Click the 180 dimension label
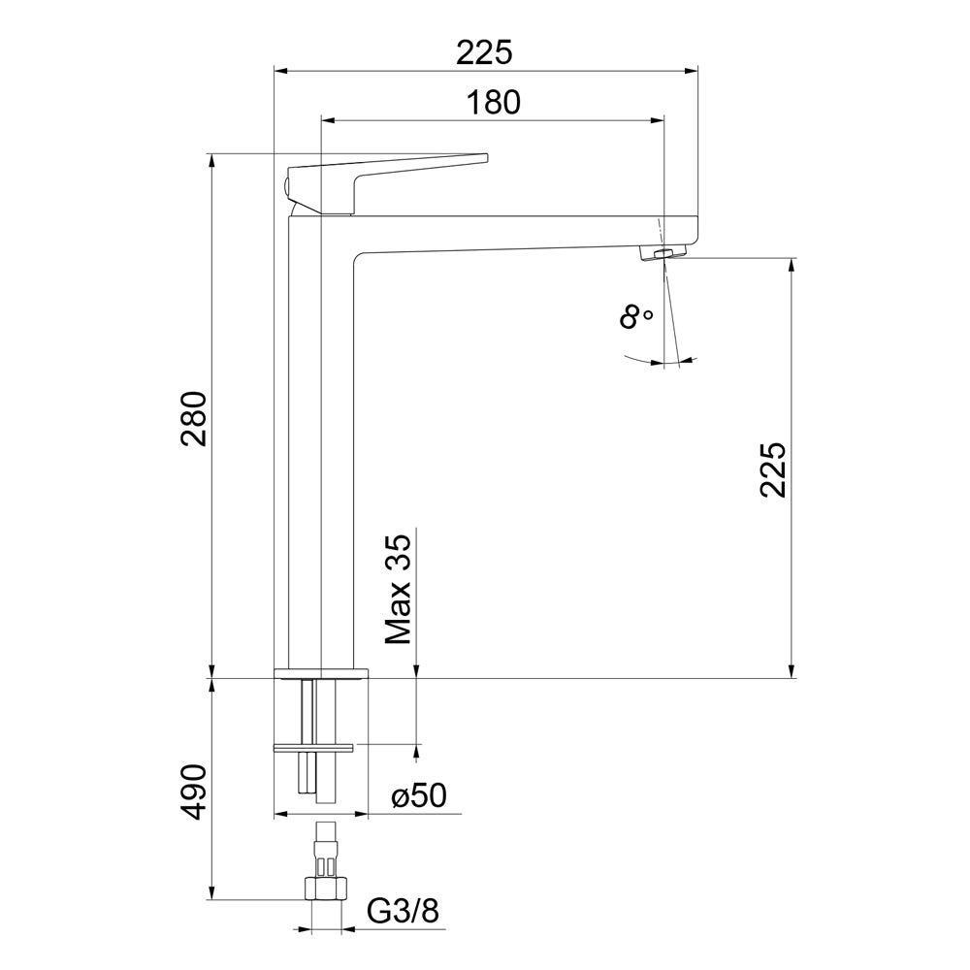pyautogui.click(x=493, y=103)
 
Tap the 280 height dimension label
pyautogui.click(x=193, y=419)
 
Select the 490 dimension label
pyautogui.click(x=193, y=792)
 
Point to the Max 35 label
pyautogui.click(x=398, y=590)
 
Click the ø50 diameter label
pyautogui.click(x=419, y=796)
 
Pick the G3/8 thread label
pyautogui.click(x=403, y=911)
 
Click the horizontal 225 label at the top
pyautogui.click(x=485, y=52)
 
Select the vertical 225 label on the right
pyautogui.click(x=773, y=469)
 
